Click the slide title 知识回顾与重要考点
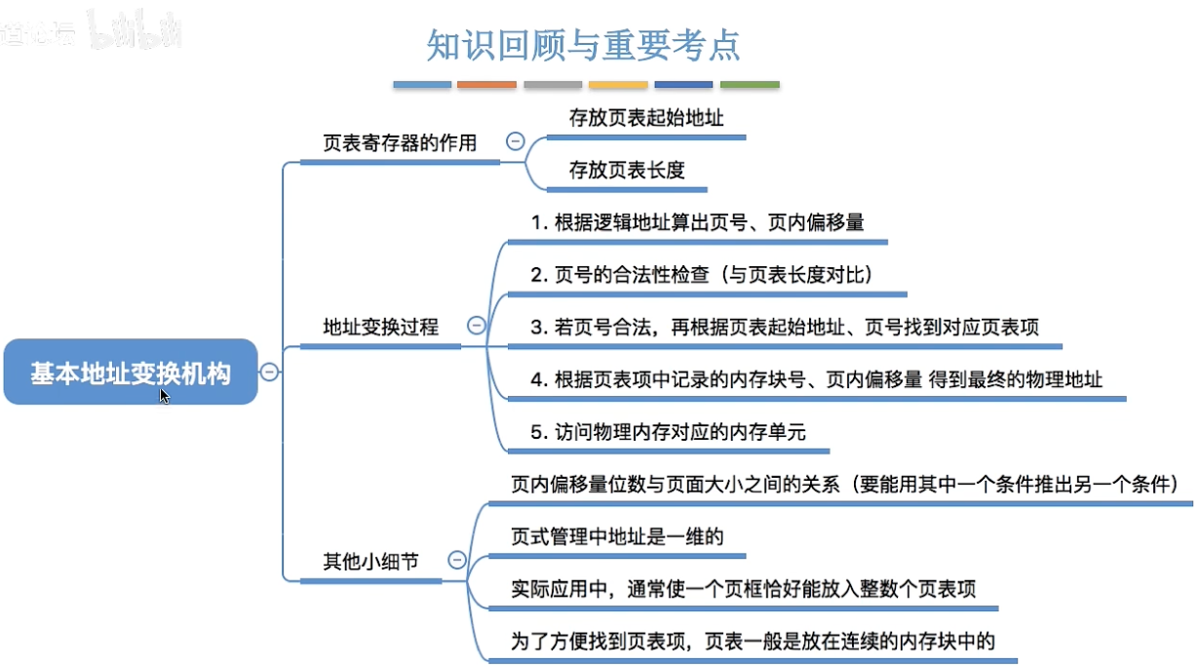[583, 45]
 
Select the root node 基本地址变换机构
[131, 373]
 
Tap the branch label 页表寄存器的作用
[400, 143]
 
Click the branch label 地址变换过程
[381, 327]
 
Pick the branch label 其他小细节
[371, 561]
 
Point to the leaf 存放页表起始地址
[646, 118]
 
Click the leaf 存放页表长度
[627, 170]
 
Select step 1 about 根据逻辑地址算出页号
[697, 222]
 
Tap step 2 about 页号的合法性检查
[701, 275]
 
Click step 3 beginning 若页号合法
[784, 327]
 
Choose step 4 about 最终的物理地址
[816, 379]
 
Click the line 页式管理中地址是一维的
[616, 536]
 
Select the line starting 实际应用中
[744, 589]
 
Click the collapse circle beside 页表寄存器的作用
[516, 142]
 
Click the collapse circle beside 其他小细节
[456, 560]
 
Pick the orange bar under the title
[486, 85]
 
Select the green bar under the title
[750, 85]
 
